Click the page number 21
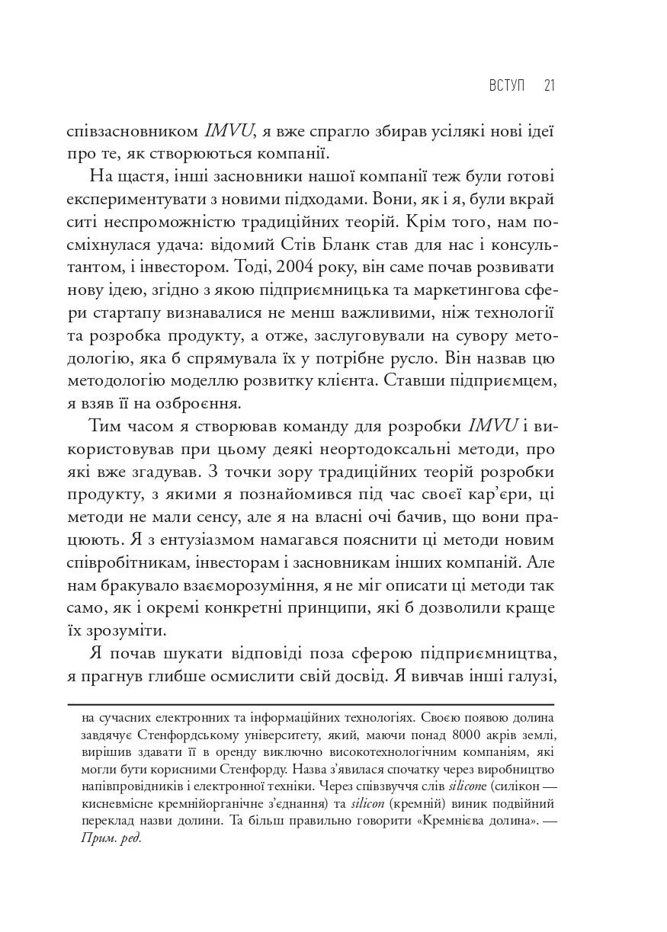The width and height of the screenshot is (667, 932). coord(548,85)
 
